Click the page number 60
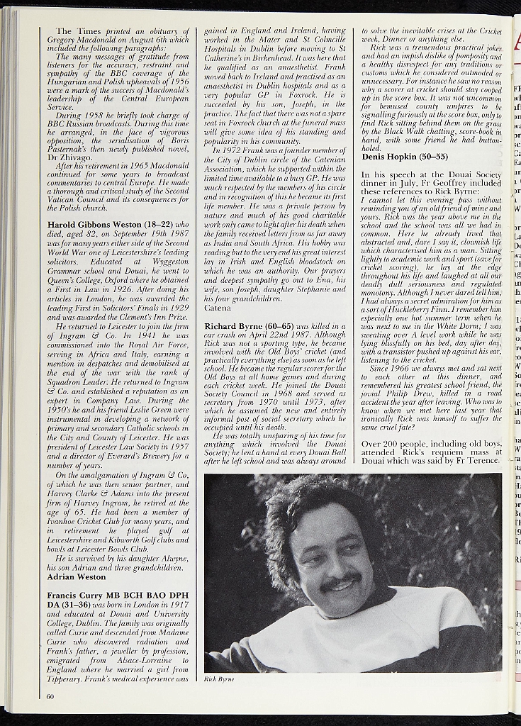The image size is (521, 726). pyautogui.click(x=50, y=696)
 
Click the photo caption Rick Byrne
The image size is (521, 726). pyautogui.click(x=219, y=678)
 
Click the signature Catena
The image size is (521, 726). pyautogui.click(x=218, y=308)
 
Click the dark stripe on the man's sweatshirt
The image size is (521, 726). pyautogui.click(x=432, y=638)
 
